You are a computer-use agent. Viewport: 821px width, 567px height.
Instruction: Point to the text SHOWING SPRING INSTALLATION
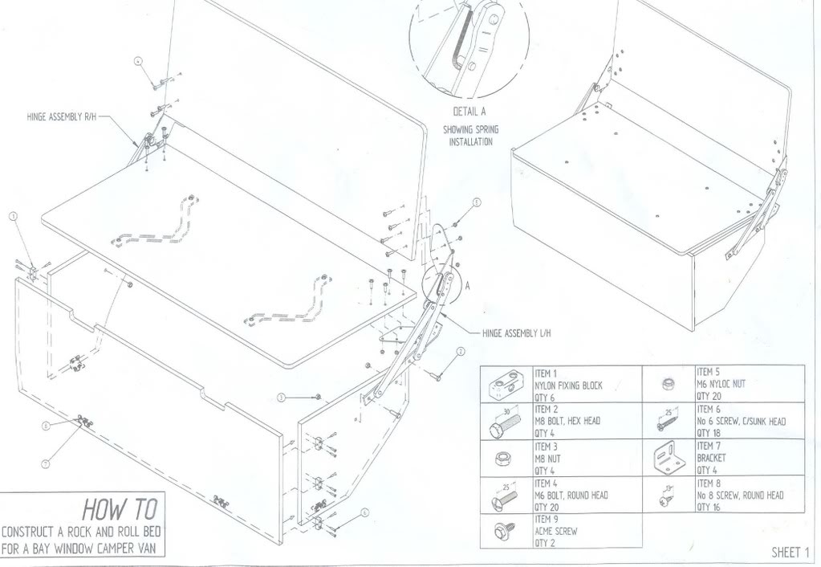click(470, 136)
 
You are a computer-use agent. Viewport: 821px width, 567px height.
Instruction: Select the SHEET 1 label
click(791, 552)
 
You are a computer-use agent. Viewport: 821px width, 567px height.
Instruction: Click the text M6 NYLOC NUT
click(721, 384)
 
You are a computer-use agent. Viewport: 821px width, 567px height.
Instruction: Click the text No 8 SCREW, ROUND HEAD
click(739, 496)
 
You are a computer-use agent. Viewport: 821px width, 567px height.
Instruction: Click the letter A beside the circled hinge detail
click(467, 283)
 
